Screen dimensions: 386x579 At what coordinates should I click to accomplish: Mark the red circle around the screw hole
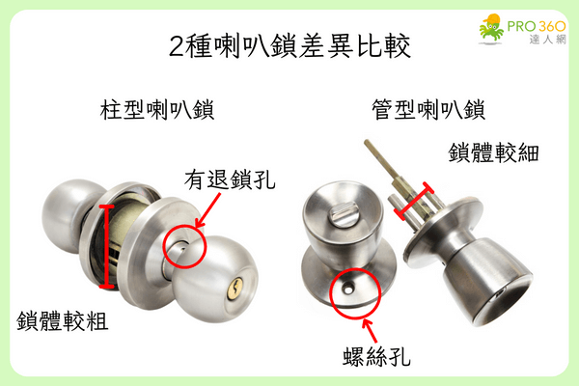350,292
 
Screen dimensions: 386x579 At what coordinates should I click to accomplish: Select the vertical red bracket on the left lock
106,246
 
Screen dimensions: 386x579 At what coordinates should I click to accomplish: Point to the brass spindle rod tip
369,147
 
